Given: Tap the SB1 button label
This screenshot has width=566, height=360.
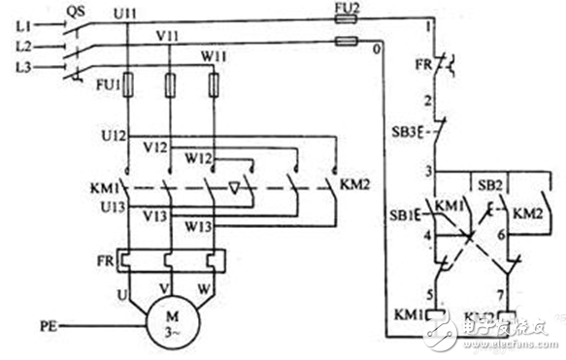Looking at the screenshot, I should coord(406,213).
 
